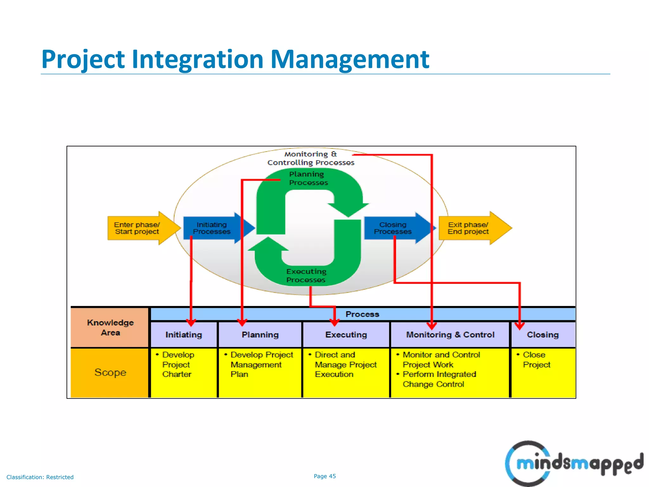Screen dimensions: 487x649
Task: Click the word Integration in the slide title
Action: click(x=197, y=60)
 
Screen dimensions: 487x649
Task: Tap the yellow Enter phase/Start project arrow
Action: click(x=139, y=228)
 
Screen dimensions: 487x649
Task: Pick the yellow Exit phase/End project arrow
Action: click(x=471, y=228)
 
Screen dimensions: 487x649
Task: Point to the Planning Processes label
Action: click(x=308, y=179)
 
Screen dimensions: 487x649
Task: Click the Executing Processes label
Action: click(x=306, y=276)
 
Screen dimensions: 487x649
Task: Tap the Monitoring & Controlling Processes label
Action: click(x=311, y=158)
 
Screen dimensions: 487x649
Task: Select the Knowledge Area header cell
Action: click(x=110, y=328)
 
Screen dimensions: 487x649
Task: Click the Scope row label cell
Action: click(x=110, y=373)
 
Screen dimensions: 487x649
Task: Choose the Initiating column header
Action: click(x=184, y=335)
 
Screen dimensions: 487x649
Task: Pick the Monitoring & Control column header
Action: click(x=450, y=335)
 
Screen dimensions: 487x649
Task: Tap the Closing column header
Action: click(x=543, y=335)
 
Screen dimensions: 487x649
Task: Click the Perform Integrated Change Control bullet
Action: click(x=439, y=379)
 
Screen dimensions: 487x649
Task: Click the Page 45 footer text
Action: click(x=324, y=476)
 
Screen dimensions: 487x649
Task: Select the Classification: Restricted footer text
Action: click(x=40, y=477)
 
